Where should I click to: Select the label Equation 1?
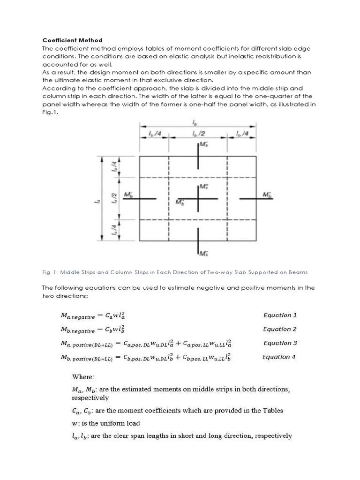(280, 315)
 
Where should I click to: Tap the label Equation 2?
(280, 329)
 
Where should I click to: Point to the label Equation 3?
(280, 343)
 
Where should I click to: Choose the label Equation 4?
(279, 357)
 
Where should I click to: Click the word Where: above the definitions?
(83, 376)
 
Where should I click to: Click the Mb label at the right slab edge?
(267, 194)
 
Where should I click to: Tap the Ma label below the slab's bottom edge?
(203, 254)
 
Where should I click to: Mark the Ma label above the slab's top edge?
(203, 145)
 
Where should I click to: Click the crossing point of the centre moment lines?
(198, 199)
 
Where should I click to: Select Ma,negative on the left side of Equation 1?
(77, 316)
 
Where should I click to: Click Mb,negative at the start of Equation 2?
(77, 330)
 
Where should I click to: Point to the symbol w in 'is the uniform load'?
(74, 423)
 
